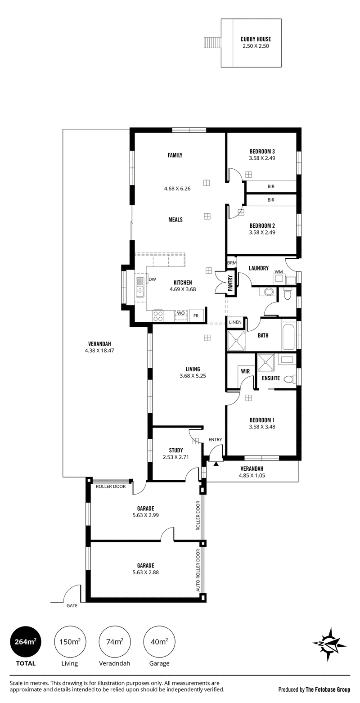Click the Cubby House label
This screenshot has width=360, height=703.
[x=256, y=39]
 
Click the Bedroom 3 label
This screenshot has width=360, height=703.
[x=262, y=151]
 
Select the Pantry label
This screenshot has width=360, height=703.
[x=230, y=284]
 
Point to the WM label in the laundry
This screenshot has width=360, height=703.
[x=279, y=271]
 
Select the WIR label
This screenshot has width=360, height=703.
[x=245, y=371]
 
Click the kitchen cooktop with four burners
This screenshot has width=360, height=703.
[x=158, y=316]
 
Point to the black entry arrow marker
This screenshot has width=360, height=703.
[x=216, y=463]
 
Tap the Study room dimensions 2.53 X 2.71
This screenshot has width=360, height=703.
[x=176, y=457]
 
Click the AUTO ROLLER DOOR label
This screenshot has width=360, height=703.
[x=198, y=570]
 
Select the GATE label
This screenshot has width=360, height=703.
[x=72, y=605]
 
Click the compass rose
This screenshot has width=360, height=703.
[x=329, y=644]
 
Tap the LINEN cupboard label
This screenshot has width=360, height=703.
[x=235, y=322]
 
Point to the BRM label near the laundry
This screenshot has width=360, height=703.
[x=232, y=263]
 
